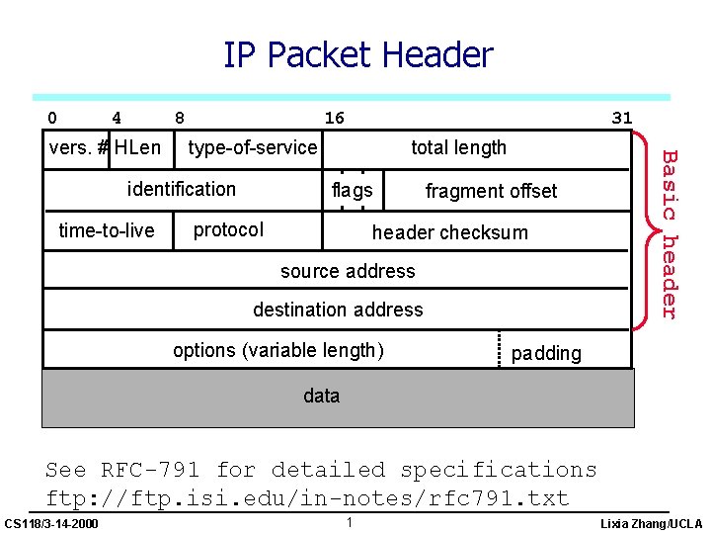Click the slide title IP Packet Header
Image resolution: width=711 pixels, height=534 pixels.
357,55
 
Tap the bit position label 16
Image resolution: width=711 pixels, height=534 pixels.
335,119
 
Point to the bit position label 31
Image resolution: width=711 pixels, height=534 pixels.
621,119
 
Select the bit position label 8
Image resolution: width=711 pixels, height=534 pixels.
179,119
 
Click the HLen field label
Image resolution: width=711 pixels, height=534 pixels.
137,148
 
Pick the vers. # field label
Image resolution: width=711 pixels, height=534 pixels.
78,148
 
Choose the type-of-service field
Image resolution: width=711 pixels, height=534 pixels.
253,148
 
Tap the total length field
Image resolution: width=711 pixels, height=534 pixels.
458,148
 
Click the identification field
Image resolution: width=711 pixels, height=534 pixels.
182,189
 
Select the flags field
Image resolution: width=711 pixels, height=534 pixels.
353,190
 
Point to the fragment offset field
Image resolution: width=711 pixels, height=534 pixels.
491,191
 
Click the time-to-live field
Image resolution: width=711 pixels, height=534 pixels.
107,230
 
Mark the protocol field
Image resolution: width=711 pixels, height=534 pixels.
228,230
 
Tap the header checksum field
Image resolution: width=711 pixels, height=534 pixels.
449,233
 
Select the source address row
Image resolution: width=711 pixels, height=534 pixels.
348,271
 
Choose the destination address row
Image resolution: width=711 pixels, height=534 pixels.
338,310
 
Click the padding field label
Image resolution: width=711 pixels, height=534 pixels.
546,354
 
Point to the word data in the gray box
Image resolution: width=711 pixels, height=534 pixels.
321,397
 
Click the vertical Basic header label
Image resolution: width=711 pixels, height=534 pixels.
670,233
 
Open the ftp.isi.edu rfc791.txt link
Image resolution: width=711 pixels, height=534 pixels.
307,497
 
